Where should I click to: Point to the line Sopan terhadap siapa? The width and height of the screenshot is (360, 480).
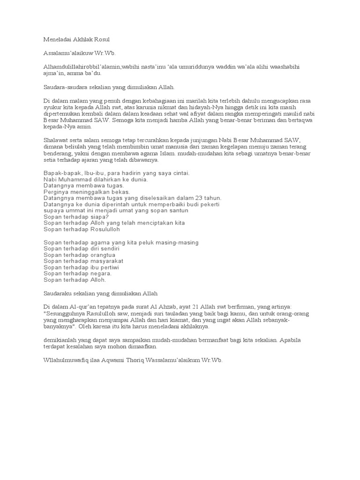click(76, 217)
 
